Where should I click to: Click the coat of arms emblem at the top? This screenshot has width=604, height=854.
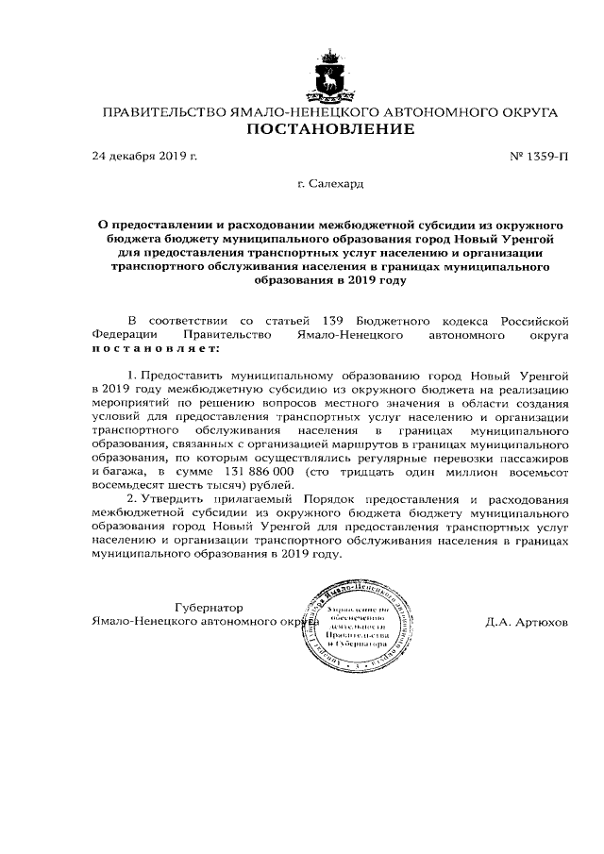coord(330,75)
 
